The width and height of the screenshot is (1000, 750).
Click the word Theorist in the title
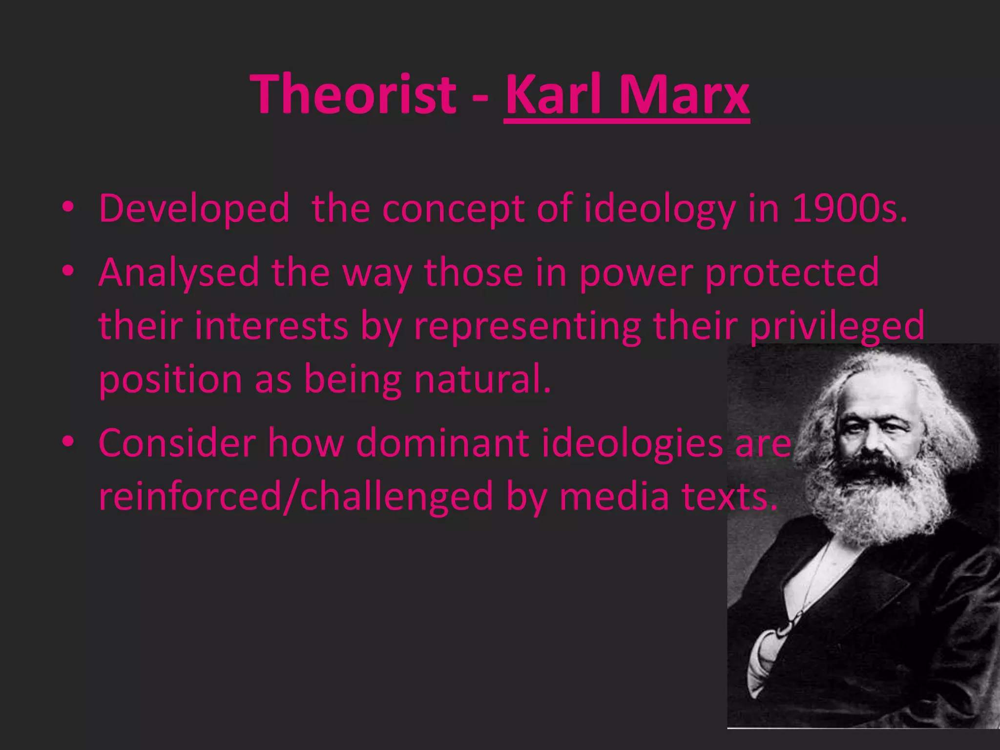(353, 94)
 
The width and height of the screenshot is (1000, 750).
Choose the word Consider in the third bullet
(177, 443)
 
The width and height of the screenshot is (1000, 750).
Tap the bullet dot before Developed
(68, 207)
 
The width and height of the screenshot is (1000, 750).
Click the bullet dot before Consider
(68, 441)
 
